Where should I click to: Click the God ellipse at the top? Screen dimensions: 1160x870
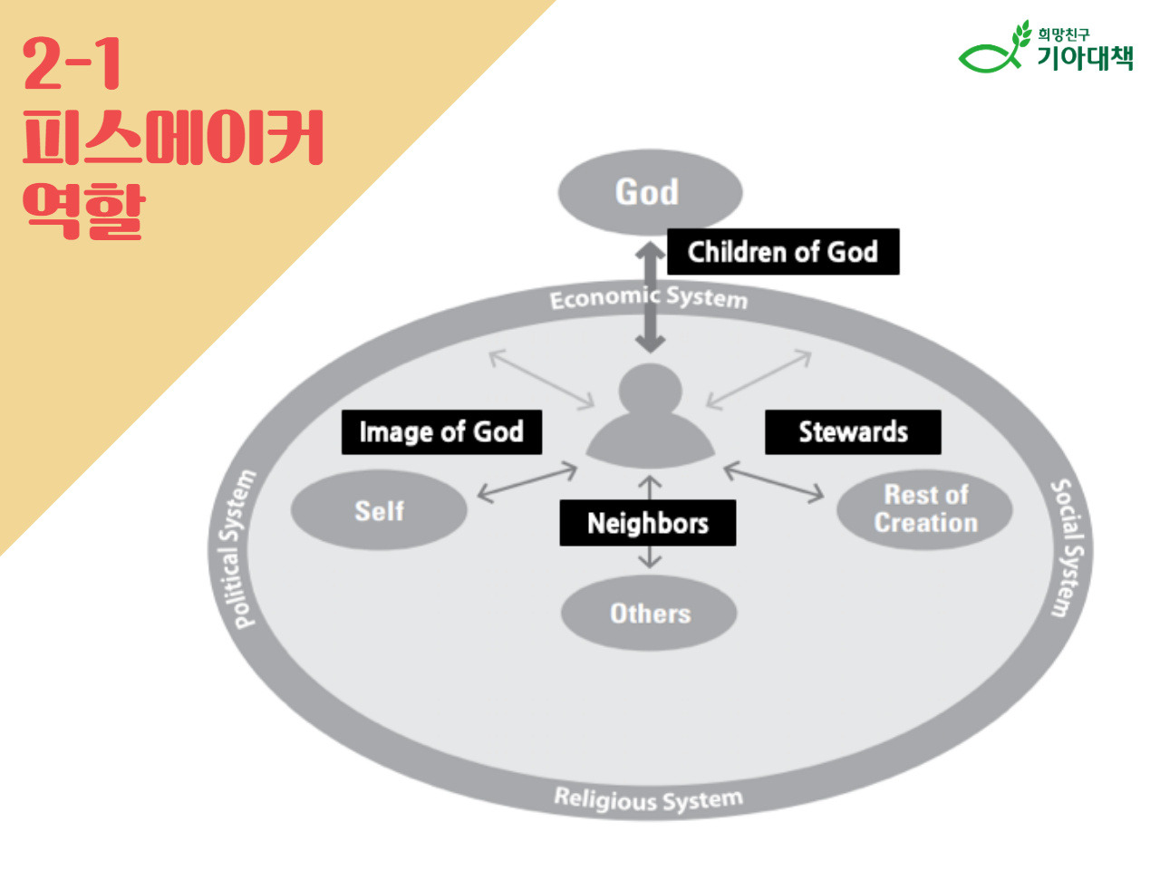point(649,192)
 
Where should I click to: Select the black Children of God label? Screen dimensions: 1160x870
point(783,251)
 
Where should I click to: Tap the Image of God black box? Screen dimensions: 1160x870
point(441,432)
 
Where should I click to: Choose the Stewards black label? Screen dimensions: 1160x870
point(853,432)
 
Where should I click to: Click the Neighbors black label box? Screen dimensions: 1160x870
point(647,523)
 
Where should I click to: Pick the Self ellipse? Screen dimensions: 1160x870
point(379,511)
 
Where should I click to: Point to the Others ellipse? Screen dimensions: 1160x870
point(649,614)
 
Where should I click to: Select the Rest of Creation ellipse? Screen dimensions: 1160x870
point(924,509)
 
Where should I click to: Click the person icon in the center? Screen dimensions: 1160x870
point(650,415)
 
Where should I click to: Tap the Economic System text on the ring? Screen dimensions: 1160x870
point(649,297)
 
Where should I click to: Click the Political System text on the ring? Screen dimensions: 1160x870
point(238,550)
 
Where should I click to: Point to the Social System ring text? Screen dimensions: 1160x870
point(1068,548)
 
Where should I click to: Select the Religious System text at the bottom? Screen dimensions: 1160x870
point(648,799)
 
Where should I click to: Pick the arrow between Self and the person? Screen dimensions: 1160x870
point(527,482)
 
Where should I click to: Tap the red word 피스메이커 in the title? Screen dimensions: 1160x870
point(172,138)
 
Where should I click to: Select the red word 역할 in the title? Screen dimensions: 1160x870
point(83,210)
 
